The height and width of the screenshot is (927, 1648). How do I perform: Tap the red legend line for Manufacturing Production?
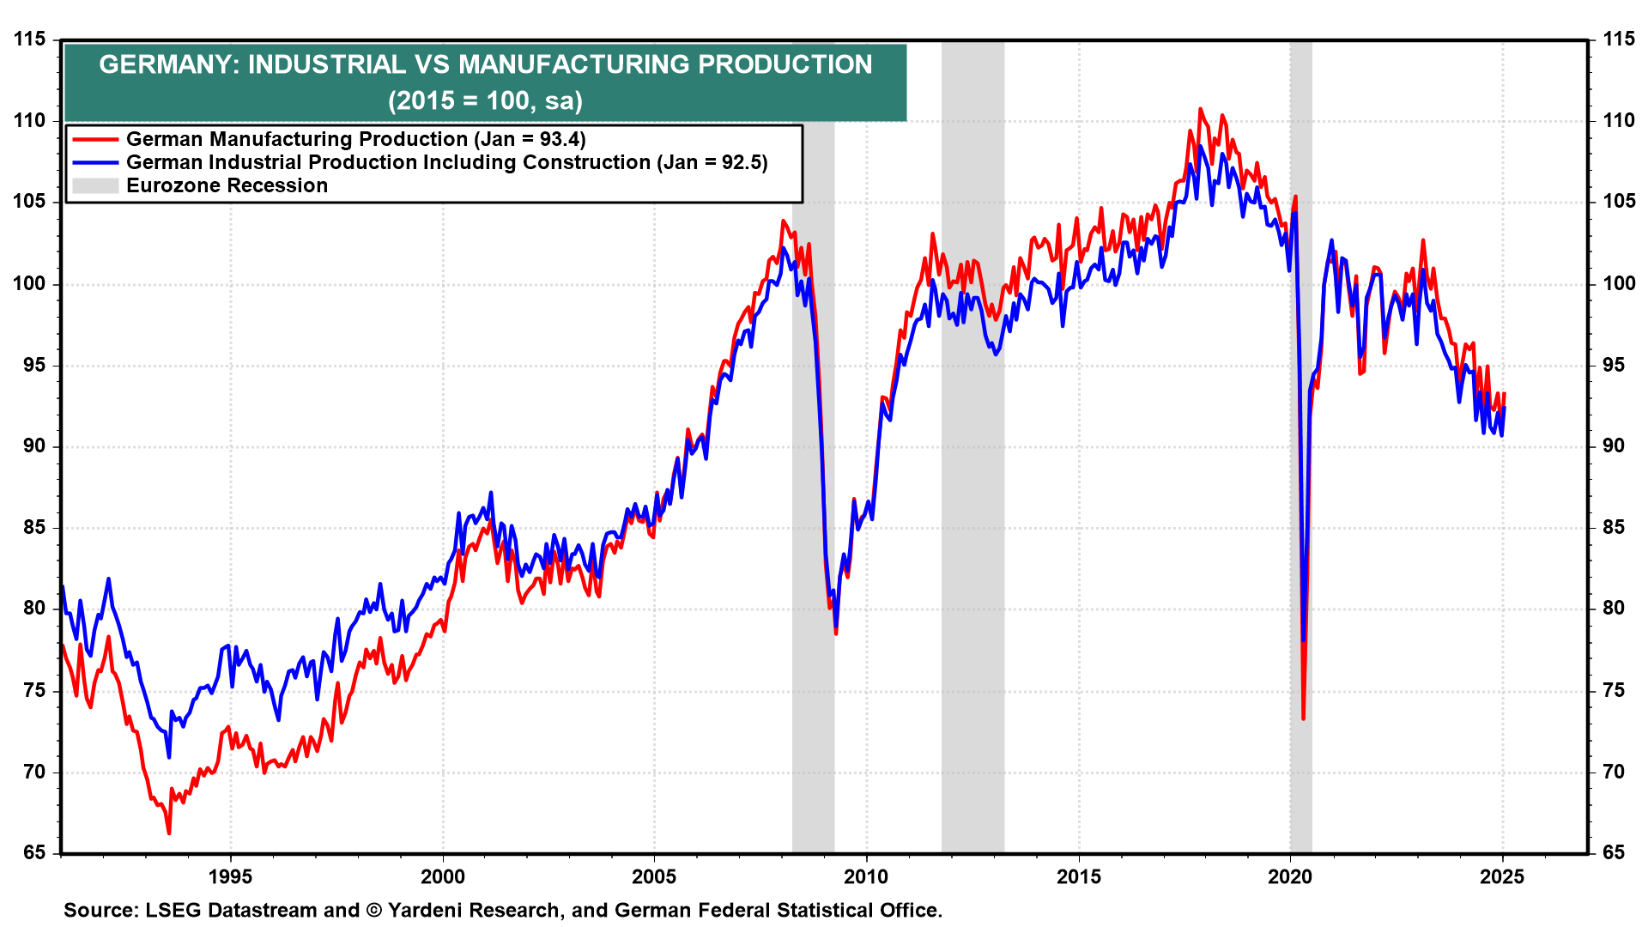tap(95, 139)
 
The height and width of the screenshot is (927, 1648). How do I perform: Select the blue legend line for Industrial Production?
tap(95, 162)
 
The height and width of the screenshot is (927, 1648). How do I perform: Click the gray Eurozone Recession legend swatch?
tap(95, 185)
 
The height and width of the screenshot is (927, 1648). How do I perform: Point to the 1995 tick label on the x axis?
tap(230, 876)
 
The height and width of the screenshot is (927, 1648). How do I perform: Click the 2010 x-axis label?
tap(866, 876)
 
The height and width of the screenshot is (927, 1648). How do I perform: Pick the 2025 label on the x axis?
tap(1502, 876)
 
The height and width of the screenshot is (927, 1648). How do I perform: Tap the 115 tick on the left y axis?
tap(29, 39)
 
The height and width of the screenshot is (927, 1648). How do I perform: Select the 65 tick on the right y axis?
tap(1614, 852)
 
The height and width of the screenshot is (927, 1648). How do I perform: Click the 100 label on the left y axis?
tap(29, 283)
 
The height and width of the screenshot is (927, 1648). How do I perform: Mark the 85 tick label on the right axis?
tap(1614, 527)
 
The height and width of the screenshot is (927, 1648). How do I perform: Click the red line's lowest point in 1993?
tap(169, 833)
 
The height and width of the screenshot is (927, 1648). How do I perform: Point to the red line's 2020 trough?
tap(1303, 718)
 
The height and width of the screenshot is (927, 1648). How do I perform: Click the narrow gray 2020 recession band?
tap(1300, 515)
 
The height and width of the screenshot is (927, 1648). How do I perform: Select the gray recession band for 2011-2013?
tap(972, 515)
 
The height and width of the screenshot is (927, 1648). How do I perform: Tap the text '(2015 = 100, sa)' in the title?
tap(485, 100)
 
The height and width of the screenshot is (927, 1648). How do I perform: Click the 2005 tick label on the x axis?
tap(654, 876)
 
